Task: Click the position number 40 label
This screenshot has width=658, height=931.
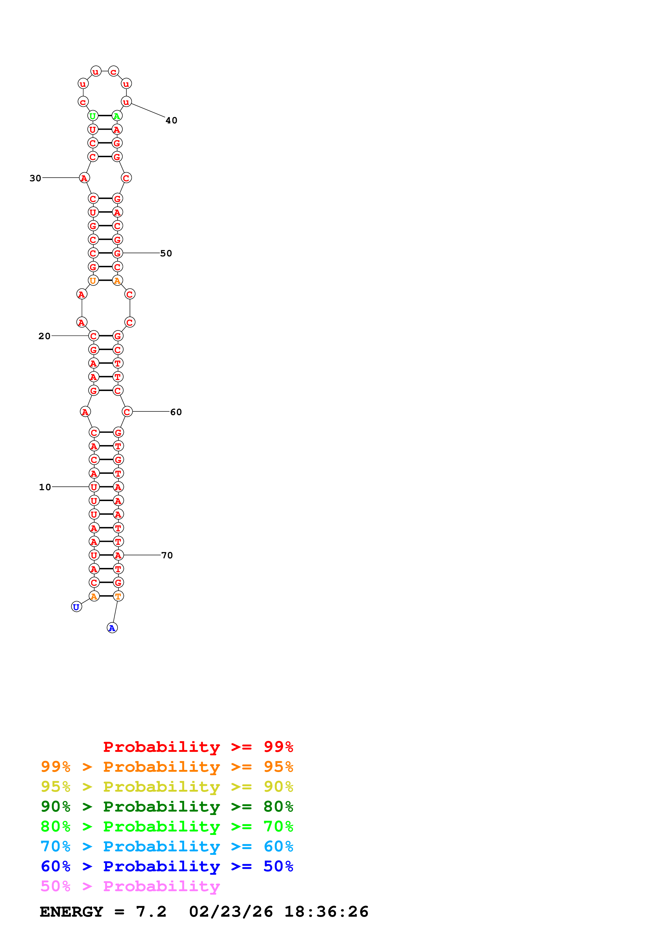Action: [171, 120]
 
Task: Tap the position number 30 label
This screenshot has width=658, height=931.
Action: [36, 178]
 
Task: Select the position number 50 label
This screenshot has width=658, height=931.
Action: [166, 253]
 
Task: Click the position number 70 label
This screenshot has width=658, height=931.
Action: [167, 555]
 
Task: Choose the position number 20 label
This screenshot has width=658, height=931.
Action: [45, 336]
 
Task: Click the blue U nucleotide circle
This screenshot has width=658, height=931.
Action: [76, 607]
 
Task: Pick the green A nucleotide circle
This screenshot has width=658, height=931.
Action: [117, 116]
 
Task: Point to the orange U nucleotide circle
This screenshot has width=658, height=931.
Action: [93, 280]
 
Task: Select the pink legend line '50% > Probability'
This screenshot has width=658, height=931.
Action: [130, 886]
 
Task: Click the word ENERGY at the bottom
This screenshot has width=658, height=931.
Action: [71, 912]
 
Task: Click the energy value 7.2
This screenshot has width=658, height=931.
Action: [151, 912]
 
